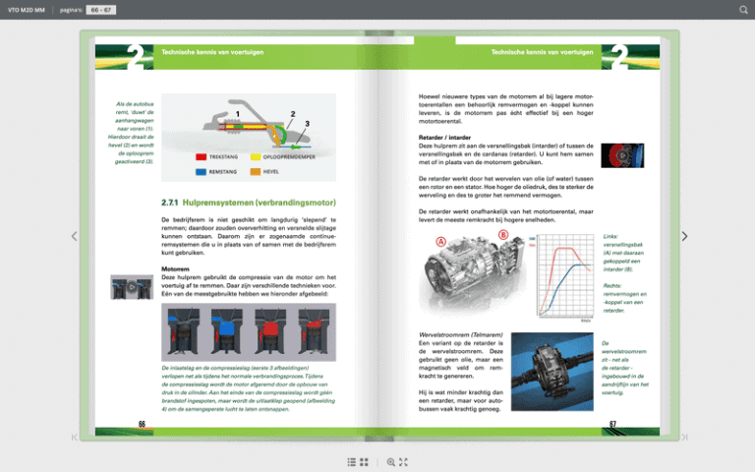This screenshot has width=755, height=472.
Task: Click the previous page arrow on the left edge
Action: coord(74,236)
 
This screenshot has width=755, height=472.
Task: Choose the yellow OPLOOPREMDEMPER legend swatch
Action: coord(256,156)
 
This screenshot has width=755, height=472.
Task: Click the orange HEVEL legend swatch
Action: coord(256,171)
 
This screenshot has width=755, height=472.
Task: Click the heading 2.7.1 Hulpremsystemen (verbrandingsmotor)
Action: coord(250,204)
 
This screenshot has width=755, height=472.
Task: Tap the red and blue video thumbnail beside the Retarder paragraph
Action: coord(622,155)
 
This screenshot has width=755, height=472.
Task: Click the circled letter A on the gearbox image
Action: coord(441,242)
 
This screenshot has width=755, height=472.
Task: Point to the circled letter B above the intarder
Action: coord(503,235)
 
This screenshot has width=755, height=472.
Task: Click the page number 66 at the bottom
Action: coord(142,425)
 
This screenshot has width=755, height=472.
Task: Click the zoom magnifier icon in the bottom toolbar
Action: coord(390,461)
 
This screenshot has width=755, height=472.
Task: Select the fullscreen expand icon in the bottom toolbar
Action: coord(403,461)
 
